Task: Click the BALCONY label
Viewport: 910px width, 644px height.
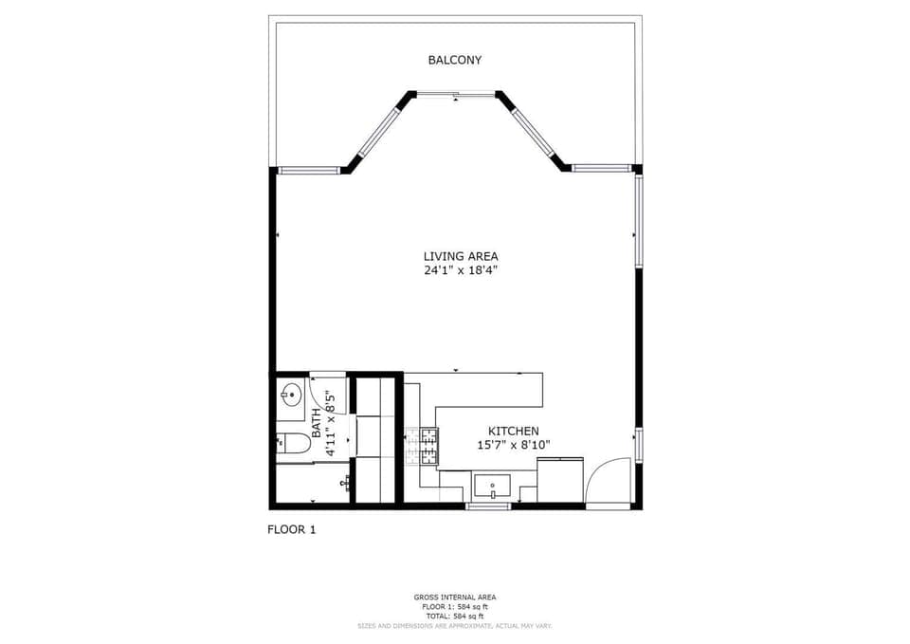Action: click(x=454, y=60)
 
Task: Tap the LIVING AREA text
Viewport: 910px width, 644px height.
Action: click(x=460, y=256)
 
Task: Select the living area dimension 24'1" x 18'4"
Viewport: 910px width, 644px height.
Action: click(x=460, y=270)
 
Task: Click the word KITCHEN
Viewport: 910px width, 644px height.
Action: click(x=513, y=430)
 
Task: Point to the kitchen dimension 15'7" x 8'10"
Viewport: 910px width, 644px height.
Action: click(x=513, y=444)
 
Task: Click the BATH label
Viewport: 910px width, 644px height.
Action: click(x=317, y=419)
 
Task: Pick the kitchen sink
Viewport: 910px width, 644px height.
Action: click(x=492, y=488)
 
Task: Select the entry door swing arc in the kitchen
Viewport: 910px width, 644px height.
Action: click(x=608, y=481)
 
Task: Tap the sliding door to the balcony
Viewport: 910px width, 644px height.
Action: click(x=456, y=93)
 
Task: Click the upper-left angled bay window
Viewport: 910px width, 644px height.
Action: click(x=378, y=133)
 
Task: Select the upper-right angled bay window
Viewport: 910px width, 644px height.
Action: click(x=534, y=133)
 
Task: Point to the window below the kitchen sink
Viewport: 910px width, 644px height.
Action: click(x=488, y=506)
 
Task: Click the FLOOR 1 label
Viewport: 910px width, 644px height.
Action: click(x=291, y=529)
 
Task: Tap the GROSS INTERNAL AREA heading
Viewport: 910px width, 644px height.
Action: click(x=455, y=597)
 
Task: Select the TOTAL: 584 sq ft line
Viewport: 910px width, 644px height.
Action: click(x=455, y=616)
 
